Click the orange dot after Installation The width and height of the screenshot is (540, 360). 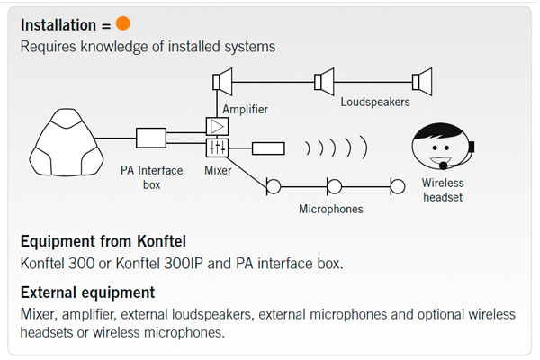point(123,22)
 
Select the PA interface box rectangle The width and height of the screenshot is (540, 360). point(151,138)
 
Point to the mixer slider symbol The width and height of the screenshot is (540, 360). point(217,147)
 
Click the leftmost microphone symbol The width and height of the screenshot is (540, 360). point(272,186)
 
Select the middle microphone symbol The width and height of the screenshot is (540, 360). point(334,186)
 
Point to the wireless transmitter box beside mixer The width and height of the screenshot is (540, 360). point(267,148)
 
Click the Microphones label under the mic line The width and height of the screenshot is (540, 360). point(331,209)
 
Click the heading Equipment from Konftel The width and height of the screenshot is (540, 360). point(103,241)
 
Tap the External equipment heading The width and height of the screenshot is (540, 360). point(87,292)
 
